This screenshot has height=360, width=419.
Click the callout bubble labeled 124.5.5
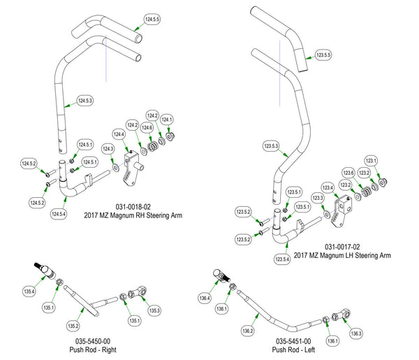pos(152,18)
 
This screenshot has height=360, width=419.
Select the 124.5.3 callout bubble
pos(84,101)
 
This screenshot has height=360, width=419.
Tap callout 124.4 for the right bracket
pos(119,134)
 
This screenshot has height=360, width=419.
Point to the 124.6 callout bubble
pos(147,128)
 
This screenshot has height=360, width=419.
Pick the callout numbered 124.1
pos(166,120)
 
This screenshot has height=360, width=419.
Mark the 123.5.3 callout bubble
pos(271,147)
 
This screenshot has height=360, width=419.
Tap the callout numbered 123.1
pos(371,160)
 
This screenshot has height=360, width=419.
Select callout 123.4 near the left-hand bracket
pos(328,187)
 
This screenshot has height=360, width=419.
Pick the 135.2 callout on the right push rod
pos(72,326)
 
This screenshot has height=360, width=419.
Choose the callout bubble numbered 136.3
pos(357,334)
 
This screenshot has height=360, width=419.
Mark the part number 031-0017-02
pos(343,247)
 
